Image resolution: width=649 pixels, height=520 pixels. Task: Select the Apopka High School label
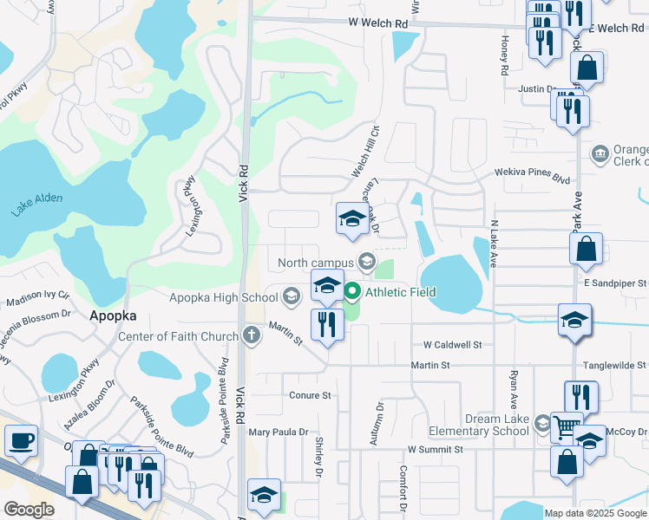[x=224, y=297]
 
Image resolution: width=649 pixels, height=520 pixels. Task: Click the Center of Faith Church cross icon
[x=252, y=336]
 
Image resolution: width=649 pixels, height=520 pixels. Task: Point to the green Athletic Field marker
[x=352, y=292]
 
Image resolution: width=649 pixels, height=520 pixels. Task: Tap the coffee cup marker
[x=21, y=440]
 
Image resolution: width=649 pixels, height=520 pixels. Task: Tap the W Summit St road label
[x=435, y=450]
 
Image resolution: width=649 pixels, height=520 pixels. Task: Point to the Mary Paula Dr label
[x=279, y=432]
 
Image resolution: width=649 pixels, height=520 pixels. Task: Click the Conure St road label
[x=310, y=395]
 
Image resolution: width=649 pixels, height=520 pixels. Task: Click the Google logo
[x=29, y=510]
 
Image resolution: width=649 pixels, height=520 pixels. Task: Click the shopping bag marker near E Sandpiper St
[x=586, y=248]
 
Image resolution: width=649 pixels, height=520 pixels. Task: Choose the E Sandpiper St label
[x=615, y=283]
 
